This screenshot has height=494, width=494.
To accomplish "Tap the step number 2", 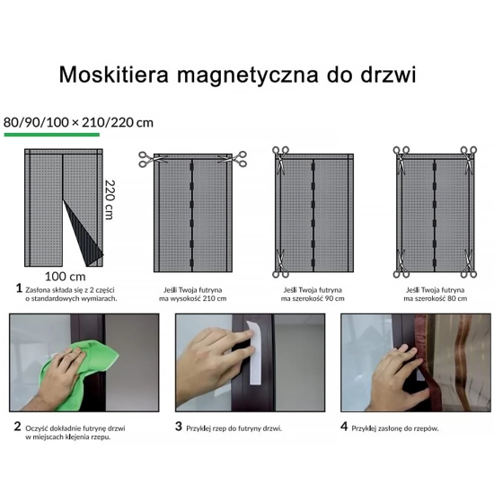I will (17, 426).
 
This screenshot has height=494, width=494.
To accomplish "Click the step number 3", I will (179, 426).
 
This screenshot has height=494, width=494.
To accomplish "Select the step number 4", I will (344, 426).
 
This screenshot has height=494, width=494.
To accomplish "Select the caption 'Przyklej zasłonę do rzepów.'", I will (395, 428).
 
